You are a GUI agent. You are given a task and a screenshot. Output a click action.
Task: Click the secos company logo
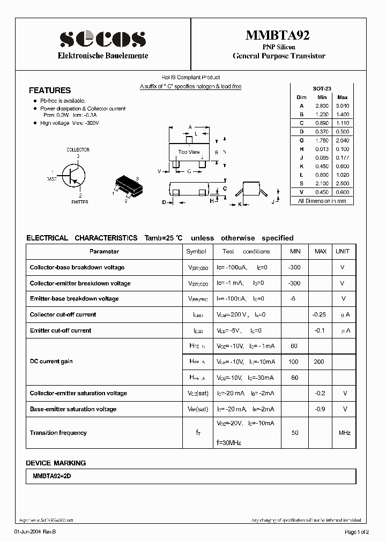(102, 38)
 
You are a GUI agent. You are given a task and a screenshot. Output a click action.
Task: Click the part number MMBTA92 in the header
(278, 35)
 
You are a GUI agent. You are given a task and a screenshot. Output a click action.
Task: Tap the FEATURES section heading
(50, 91)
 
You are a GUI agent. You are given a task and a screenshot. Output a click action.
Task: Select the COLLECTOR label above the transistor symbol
(78, 150)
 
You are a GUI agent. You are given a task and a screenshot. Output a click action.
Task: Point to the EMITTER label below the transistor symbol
(79, 202)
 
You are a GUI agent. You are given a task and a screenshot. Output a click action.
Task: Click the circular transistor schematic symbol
(72, 175)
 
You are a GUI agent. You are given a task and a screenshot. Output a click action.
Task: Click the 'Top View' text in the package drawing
(189, 152)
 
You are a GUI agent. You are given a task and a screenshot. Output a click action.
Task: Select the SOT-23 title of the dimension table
(322, 88)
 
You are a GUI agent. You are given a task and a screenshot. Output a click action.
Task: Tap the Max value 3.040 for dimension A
(342, 106)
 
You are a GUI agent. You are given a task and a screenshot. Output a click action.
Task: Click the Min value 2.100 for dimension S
(322, 183)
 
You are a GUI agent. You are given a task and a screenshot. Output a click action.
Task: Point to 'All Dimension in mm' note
(322, 201)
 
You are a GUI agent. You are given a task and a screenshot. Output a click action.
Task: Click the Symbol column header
(196, 251)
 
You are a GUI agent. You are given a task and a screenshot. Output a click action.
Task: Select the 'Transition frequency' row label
(58, 433)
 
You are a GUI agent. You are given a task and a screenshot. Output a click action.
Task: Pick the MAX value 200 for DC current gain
(319, 362)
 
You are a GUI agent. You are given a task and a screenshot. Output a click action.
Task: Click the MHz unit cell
(344, 433)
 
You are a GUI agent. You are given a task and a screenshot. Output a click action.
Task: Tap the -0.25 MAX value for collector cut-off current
(320, 314)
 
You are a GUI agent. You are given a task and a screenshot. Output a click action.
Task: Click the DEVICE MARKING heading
(56, 463)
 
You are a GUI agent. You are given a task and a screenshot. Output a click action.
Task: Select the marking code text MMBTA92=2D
(54, 476)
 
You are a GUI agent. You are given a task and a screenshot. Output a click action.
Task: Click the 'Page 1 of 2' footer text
(356, 532)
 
